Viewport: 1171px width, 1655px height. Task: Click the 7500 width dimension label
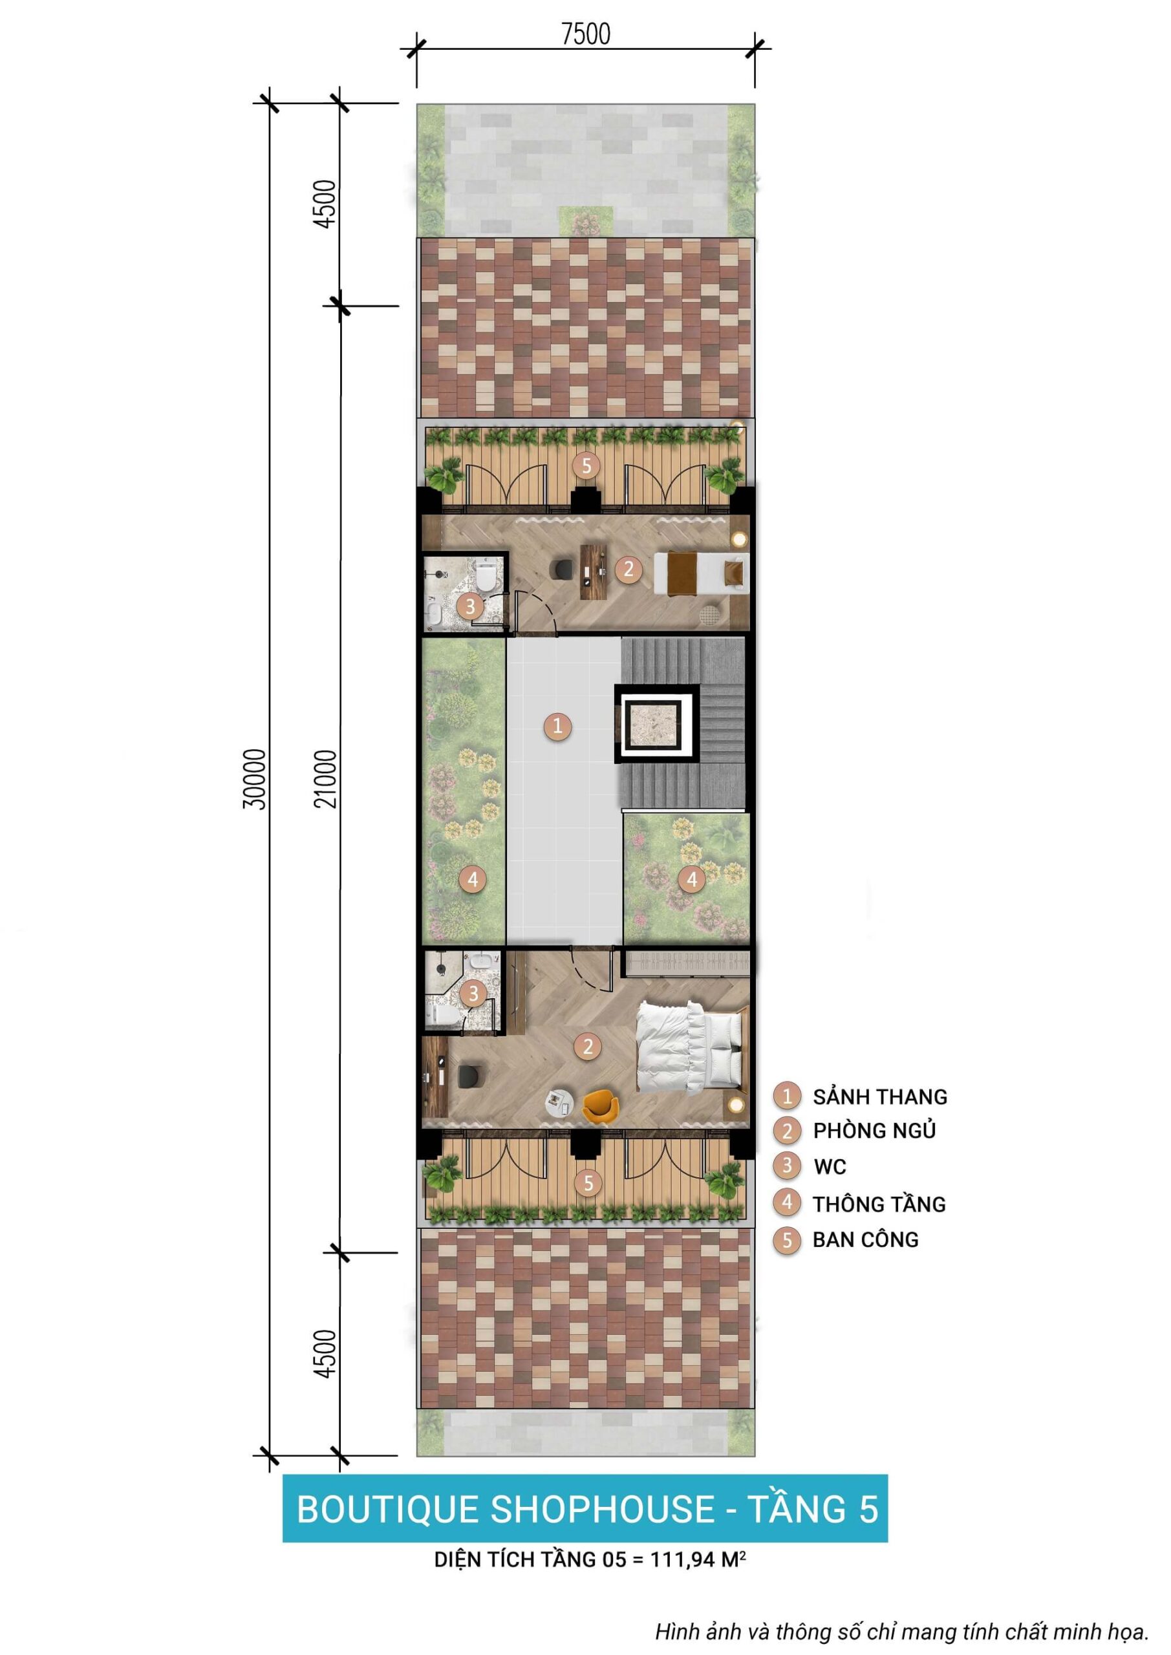point(586,34)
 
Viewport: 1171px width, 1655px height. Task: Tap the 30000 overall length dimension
point(255,779)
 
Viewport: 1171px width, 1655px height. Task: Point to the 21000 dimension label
point(326,779)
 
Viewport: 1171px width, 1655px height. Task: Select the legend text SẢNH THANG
point(879,1096)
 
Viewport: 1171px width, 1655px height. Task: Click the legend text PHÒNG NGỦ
point(874,1130)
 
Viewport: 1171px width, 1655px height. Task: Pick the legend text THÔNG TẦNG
point(879,1204)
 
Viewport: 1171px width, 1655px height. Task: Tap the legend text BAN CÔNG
point(865,1240)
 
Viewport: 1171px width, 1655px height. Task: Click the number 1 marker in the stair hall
point(557,726)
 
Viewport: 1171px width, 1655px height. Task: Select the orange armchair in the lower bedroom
point(600,1105)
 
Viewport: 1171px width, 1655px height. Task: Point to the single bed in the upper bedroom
point(701,573)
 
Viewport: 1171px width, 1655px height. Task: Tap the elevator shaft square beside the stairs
point(656,723)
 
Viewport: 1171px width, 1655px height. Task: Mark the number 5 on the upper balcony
point(586,465)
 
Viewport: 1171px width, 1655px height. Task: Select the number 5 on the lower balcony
point(588,1182)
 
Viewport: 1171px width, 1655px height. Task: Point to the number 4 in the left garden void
point(472,879)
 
